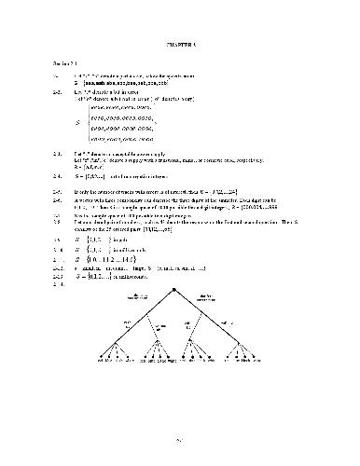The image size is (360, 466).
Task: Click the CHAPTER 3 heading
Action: [179, 43]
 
